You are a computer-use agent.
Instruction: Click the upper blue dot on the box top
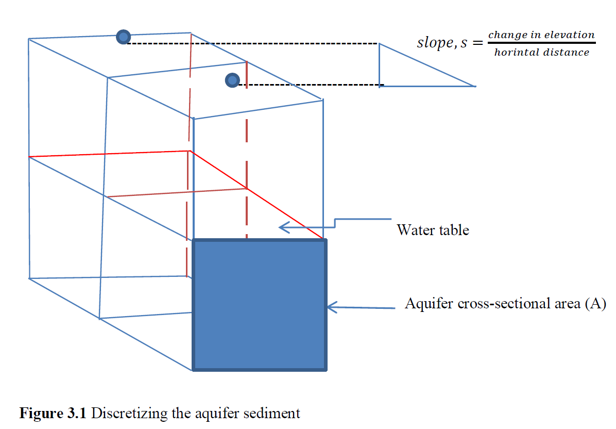coord(123,37)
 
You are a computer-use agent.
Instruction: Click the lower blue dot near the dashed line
coord(232,80)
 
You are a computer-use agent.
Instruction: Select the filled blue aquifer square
coord(259,305)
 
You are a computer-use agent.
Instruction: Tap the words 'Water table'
coord(433,229)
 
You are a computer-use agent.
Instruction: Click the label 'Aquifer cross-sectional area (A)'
coord(505,303)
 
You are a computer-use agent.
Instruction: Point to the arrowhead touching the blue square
coord(331,308)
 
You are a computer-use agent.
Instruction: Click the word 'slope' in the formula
coord(434,43)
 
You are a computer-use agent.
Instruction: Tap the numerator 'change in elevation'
coord(541,35)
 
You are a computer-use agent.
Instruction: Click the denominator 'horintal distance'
coord(541,52)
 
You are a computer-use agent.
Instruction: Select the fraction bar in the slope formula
coord(541,43)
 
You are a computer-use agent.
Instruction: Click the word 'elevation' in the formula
coord(571,35)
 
